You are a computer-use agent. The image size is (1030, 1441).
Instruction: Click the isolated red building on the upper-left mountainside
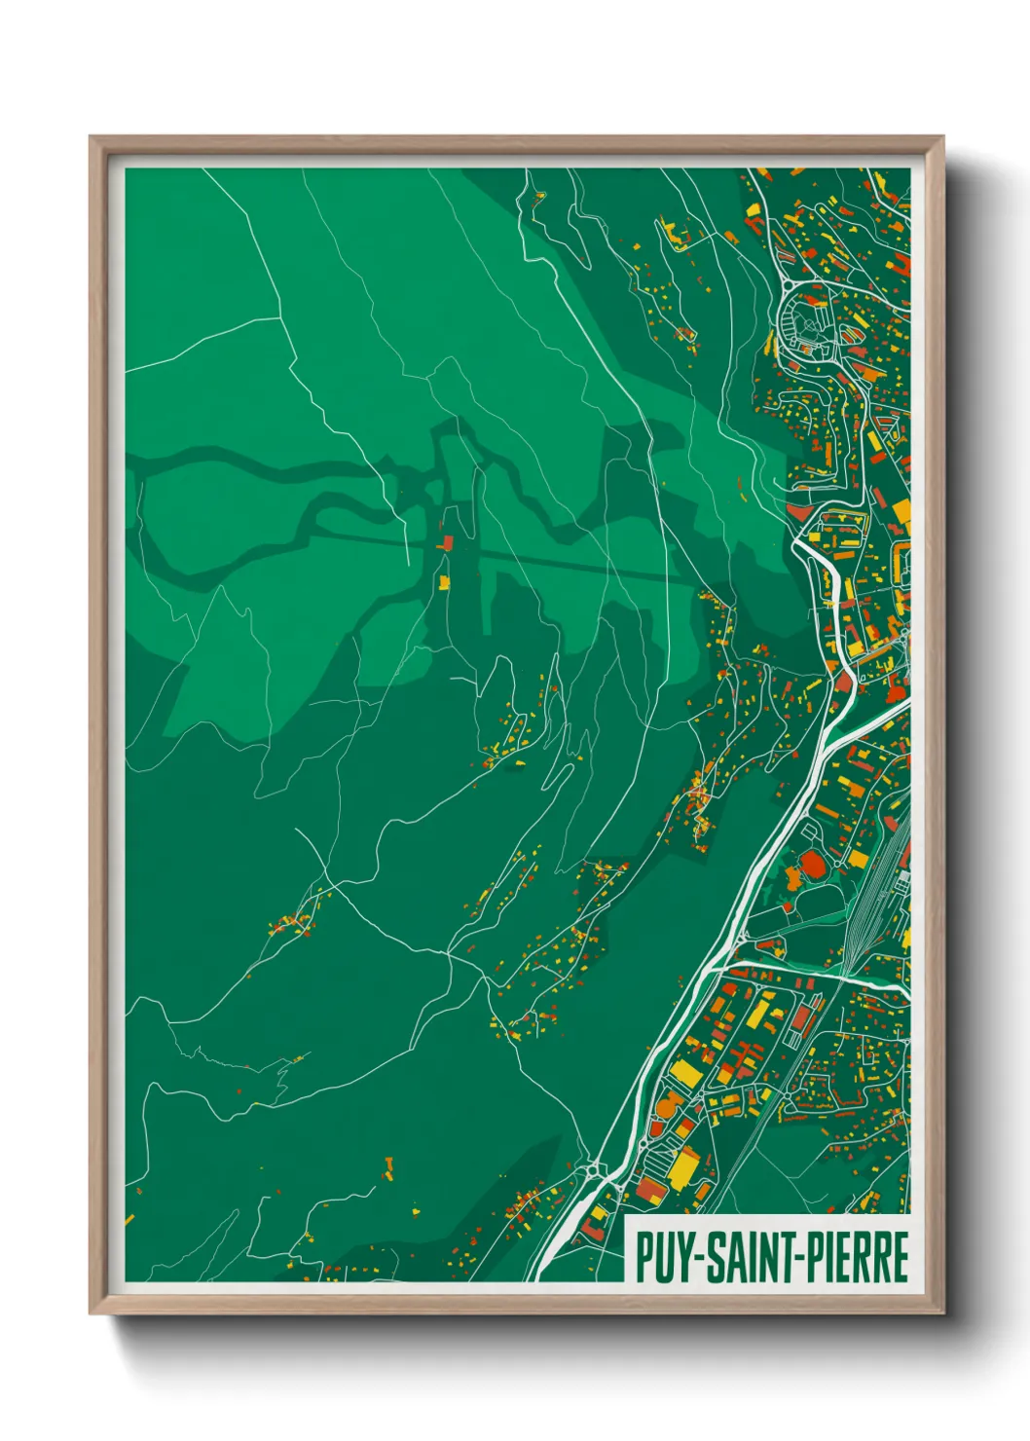(x=447, y=542)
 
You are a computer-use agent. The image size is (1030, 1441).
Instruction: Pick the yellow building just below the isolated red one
(x=446, y=582)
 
